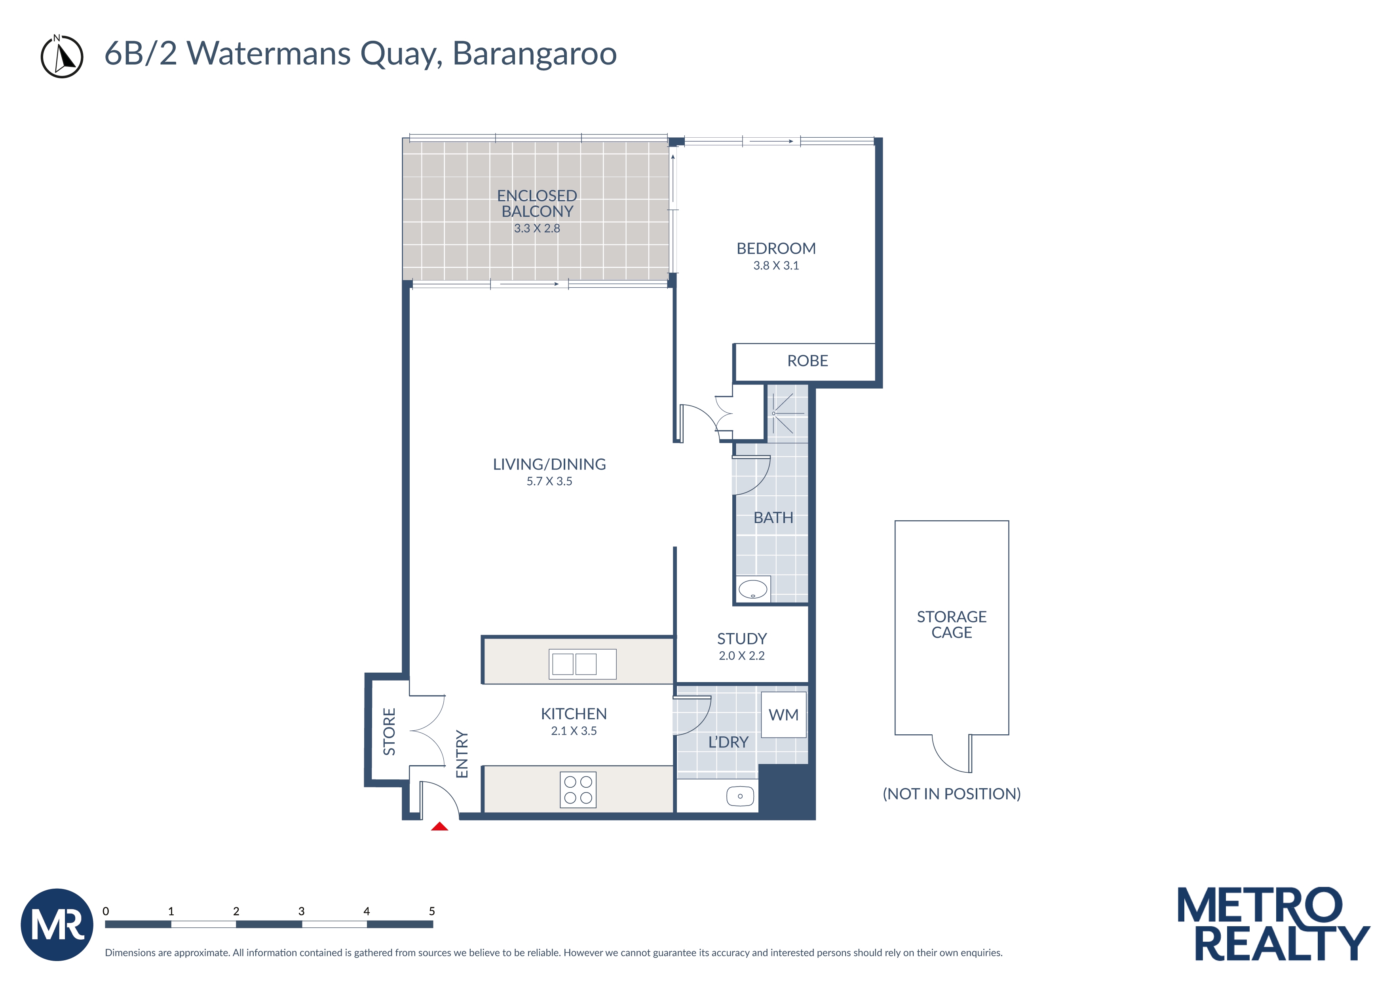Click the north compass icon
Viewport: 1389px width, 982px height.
[x=62, y=57]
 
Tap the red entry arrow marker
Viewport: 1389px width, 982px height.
[x=439, y=827]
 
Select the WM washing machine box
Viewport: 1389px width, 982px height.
[x=783, y=715]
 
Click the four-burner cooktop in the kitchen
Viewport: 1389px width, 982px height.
[x=578, y=790]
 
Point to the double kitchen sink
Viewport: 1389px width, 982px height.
[x=582, y=664]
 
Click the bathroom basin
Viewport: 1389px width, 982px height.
[x=752, y=588]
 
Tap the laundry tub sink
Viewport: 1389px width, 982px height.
[x=740, y=796]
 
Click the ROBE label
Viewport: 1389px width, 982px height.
[x=807, y=361]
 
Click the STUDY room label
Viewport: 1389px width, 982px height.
[x=742, y=639]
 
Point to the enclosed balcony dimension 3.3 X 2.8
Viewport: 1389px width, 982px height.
[x=537, y=229]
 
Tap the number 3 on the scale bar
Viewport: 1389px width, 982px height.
[x=301, y=911]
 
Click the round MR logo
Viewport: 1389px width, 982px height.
[x=57, y=925]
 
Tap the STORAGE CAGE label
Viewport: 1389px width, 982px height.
[x=951, y=625]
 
